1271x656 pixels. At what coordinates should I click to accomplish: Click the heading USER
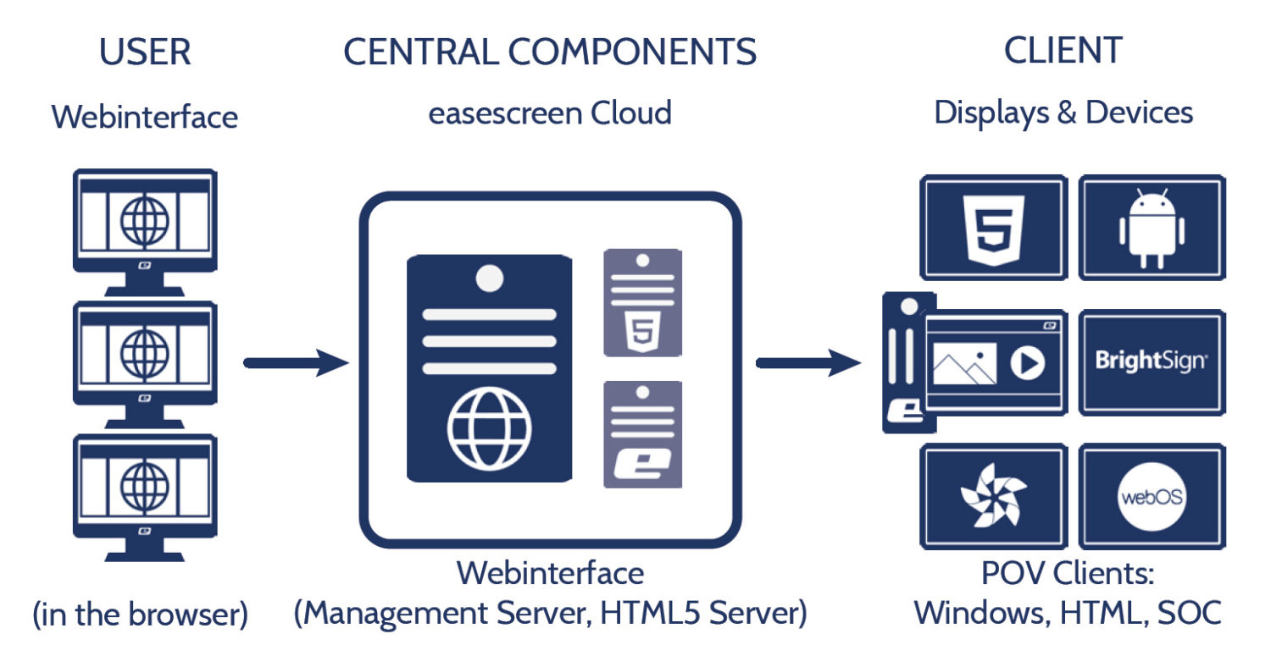pyautogui.click(x=145, y=52)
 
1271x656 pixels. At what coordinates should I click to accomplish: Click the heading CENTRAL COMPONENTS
pyautogui.click(x=550, y=52)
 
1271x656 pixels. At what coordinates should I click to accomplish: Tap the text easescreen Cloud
pyautogui.click(x=550, y=113)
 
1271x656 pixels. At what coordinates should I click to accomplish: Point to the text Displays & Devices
pyautogui.click(x=1063, y=113)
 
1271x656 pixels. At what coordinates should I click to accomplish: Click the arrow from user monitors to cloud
pyautogui.click(x=296, y=364)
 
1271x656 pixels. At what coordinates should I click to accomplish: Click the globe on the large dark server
pyautogui.click(x=489, y=428)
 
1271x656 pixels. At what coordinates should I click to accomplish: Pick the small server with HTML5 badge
pyautogui.click(x=641, y=302)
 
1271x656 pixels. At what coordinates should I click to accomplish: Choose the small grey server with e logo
pyautogui.click(x=641, y=434)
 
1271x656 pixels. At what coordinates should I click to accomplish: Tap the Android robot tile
pyautogui.click(x=1152, y=226)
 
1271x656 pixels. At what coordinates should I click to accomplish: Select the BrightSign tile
pyautogui.click(x=1152, y=361)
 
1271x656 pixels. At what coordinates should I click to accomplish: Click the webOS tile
pyautogui.click(x=1152, y=496)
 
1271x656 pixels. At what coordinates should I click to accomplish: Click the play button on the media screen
pyautogui.click(x=1027, y=364)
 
